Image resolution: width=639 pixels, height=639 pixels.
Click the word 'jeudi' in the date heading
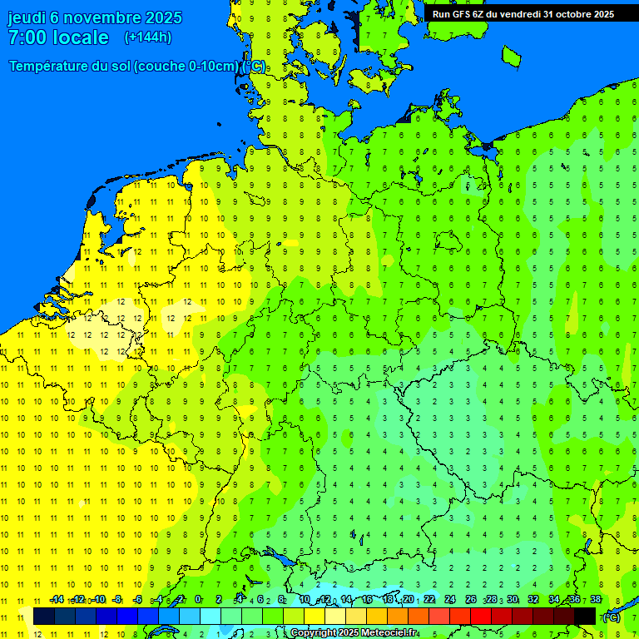coord(27,17)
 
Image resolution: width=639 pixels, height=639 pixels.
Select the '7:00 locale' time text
coord(58,37)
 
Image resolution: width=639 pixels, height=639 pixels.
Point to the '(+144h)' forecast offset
coord(147,37)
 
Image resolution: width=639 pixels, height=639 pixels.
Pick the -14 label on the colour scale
coord(57,599)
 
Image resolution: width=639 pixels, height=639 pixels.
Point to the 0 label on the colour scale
coord(198,599)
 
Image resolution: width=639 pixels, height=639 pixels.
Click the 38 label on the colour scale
coord(596,599)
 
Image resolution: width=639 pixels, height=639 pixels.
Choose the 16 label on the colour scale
coord(367,599)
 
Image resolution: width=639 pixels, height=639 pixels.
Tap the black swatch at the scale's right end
coord(585,616)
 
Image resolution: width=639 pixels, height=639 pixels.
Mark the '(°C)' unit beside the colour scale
coord(612,617)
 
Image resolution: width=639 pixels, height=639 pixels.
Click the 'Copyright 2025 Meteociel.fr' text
coord(354,633)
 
